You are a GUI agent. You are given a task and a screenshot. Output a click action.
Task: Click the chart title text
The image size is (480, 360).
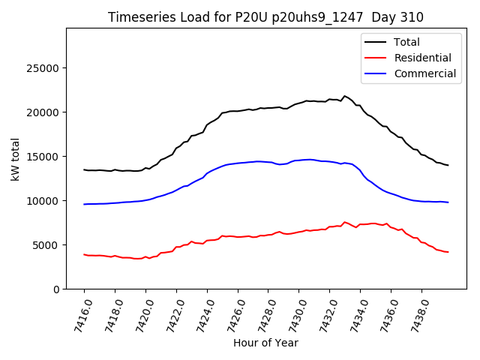pyautogui.click(x=265, y=17)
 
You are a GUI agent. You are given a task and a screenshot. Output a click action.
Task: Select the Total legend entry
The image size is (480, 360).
pyautogui.click(x=408, y=42)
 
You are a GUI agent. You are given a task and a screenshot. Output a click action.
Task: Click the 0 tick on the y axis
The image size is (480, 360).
pyautogui.click(x=56, y=289)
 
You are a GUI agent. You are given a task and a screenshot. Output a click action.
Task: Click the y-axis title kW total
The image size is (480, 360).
pyautogui.click(x=16, y=158)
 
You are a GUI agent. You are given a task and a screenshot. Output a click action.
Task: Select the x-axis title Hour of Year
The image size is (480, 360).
pyautogui.click(x=265, y=343)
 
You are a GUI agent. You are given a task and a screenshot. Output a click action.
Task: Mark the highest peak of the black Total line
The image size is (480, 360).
pyautogui.click(x=345, y=96)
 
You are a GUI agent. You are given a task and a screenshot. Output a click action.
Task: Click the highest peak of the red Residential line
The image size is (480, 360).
pyautogui.click(x=345, y=222)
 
